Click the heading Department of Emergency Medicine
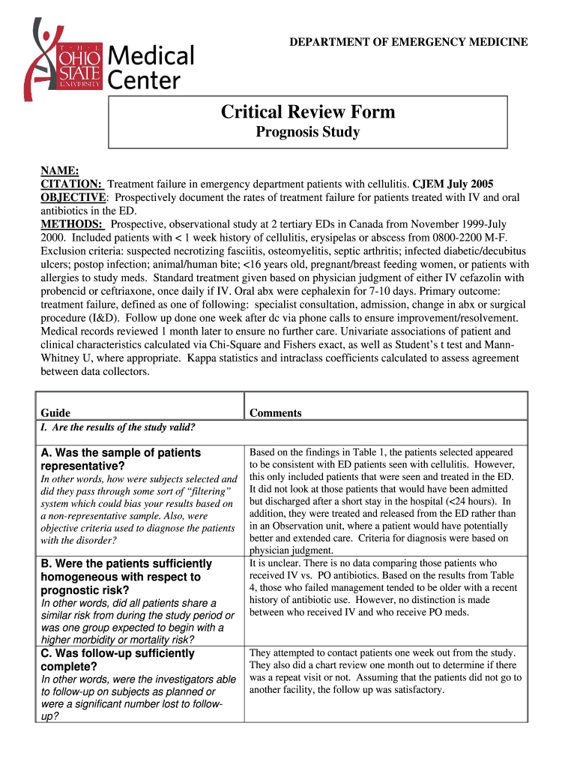408,42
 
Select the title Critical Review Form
308,112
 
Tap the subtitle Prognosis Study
308,133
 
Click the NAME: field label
60,171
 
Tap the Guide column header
55,412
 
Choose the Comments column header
276,412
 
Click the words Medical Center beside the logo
151,67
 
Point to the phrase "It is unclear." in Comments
277,562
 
